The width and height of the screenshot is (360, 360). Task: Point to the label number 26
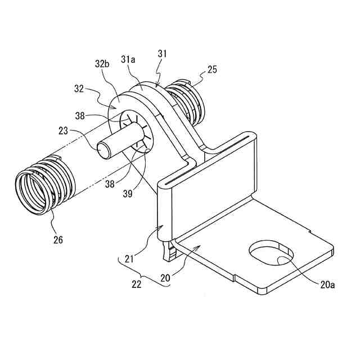57,240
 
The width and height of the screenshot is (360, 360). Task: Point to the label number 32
79,88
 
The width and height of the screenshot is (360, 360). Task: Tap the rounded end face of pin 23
103,150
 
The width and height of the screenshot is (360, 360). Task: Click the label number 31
163,54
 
